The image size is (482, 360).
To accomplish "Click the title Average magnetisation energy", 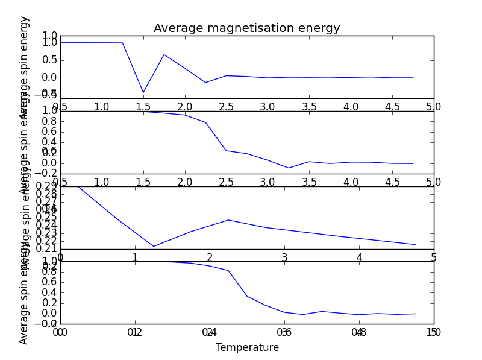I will coord(246,28).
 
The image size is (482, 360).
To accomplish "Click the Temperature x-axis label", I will coord(247,348).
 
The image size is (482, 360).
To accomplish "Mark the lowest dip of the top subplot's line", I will coord(143,93).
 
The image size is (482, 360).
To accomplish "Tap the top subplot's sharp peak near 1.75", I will coord(164,54).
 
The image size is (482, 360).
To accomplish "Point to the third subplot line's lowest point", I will coord(154,246).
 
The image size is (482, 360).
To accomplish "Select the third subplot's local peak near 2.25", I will coord(228,219).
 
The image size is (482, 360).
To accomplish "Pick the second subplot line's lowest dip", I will coord(289,168).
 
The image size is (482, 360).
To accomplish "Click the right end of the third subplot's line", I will coord(415,245).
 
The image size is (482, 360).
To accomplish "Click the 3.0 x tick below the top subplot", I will coord(268,107).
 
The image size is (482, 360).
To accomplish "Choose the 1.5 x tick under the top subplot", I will coord(143,107).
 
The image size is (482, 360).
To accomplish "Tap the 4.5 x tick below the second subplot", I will coord(392,182).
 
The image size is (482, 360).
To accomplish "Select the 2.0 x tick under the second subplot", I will coord(184,182).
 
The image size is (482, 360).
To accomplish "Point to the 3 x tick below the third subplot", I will coord(284,257).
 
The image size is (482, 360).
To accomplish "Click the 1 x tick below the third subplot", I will coord(135,257).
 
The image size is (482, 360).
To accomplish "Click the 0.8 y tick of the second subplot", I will coord(49,121).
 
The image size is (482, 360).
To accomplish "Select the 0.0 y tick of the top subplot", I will coord(49,77).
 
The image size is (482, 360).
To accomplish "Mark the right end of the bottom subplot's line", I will coord(415,314).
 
